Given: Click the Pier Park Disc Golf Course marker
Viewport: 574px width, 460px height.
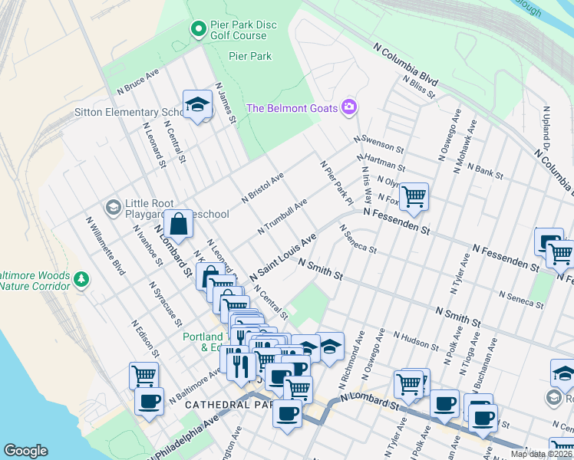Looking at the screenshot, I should pyautogui.click(x=198, y=29).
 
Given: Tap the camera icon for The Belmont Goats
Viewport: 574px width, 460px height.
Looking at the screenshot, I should pyautogui.click(x=349, y=107).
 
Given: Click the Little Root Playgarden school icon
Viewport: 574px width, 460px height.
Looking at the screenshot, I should pyautogui.click(x=114, y=207).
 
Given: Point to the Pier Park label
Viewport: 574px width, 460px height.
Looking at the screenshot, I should pyautogui.click(x=250, y=56).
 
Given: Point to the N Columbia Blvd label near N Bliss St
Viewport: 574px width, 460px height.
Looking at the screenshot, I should pyautogui.click(x=405, y=67).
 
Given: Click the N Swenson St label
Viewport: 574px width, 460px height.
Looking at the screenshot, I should pyautogui.click(x=378, y=143).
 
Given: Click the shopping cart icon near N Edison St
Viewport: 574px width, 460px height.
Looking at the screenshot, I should pyautogui.click(x=143, y=375).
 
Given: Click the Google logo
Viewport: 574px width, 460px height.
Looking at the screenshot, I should pyautogui.click(x=25, y=451).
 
